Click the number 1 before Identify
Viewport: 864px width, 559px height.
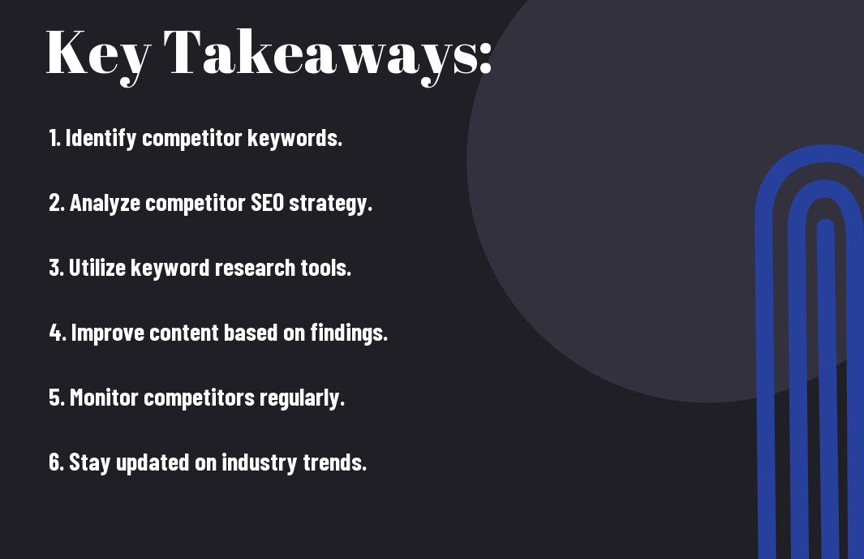(53, 138)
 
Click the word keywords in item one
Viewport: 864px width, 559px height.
(294, 138)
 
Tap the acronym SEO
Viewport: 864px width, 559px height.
(267, 202)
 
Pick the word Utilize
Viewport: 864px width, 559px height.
(97, 268)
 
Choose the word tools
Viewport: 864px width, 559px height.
(325, 268)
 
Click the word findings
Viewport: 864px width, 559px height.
(348, 333)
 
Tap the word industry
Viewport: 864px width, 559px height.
(259, 462)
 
